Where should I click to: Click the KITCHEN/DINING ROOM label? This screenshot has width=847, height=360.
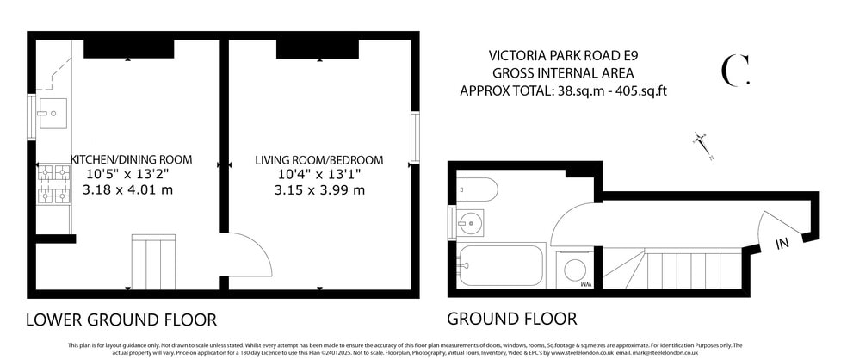point(132,160)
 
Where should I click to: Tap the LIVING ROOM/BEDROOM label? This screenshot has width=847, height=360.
point(319,161)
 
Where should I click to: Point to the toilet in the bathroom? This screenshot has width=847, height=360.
point(476,188)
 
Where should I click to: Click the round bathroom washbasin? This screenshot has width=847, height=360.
point(470,223)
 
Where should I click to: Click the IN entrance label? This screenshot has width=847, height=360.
point(782,245)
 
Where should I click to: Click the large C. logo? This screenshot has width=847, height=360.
point(734,71)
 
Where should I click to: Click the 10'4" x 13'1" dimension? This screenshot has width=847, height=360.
point(319,176)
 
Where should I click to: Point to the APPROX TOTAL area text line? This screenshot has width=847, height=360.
point(564,90)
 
